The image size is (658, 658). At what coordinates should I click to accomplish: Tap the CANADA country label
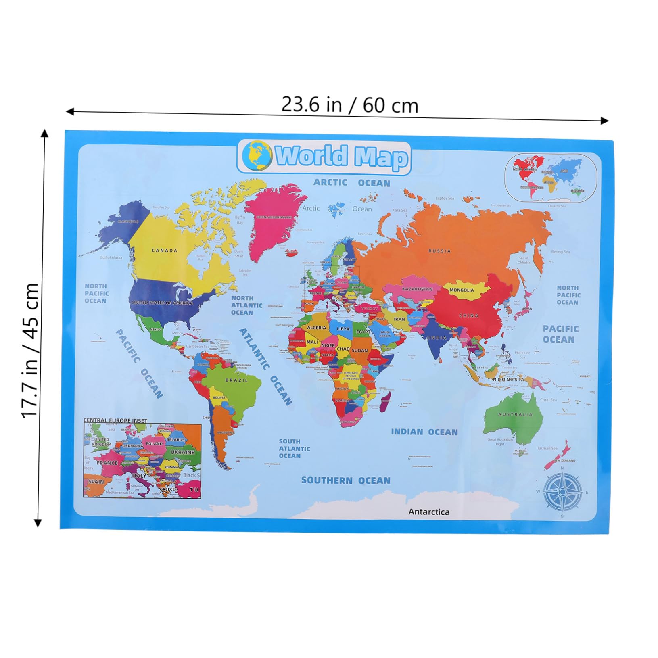(x=164, y=251)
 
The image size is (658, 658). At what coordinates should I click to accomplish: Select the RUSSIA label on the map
(x=439, y=251)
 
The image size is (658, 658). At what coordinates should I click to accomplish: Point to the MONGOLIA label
(x=462, y=290)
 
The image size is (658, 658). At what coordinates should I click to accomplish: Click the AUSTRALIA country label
(x=515, y=414)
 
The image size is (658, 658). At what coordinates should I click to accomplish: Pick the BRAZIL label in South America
(x=237, y=380)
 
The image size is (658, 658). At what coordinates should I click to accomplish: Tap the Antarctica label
(x=429, y=512)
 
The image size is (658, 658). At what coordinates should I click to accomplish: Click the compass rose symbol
(x=562, y=492)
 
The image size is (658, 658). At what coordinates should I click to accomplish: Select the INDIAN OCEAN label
(x=424, y=432)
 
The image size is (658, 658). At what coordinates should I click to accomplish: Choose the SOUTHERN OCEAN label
(x=346, y=480)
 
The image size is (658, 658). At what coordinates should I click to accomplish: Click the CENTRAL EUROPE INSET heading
(x=115, y=420)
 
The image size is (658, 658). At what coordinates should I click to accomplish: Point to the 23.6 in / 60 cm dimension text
(x=349, y=105)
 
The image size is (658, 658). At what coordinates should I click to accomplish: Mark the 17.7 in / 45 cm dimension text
(x=30, y=350)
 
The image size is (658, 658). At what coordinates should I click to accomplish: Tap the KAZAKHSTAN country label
(x=417, y=289)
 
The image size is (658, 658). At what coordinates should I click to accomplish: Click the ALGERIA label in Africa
(x=316, y=328)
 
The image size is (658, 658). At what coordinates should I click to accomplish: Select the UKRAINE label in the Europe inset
(x=182, y=452)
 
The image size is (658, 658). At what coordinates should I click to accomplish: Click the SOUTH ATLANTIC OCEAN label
(x=294, y=449)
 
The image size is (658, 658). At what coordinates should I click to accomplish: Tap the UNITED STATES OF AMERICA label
(x=162, y=303)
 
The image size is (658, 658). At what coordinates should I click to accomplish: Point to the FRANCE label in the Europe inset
(x=107, y=463)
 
